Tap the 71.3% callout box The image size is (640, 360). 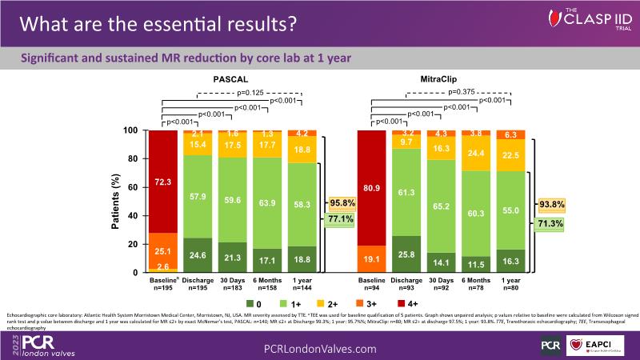(x=548, y=225)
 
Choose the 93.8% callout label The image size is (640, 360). (x=548, y=205)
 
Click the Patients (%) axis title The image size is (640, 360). (x=114, y=202)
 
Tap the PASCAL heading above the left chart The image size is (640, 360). (x=229, y=80)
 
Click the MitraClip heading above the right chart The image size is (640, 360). (x=441, y=80)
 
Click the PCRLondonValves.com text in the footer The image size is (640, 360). (x=320, y=349)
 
